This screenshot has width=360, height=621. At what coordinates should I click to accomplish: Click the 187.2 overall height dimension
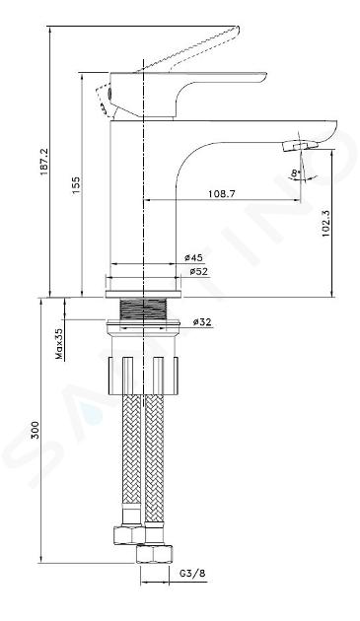(43, 162)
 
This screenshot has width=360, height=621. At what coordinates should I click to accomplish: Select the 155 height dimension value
(75, 184)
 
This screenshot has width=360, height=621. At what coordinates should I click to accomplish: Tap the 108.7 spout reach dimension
(222, 193)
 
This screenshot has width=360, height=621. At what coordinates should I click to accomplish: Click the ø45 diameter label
(194, 257)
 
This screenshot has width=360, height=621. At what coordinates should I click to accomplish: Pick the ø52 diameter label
(198, 272)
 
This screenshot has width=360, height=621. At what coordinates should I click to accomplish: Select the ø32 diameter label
(202, 322)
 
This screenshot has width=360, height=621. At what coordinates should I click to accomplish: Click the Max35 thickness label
(59, 344)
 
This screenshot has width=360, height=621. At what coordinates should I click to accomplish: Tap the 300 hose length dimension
(36, 430)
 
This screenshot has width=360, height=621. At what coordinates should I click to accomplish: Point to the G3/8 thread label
(192, 573)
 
